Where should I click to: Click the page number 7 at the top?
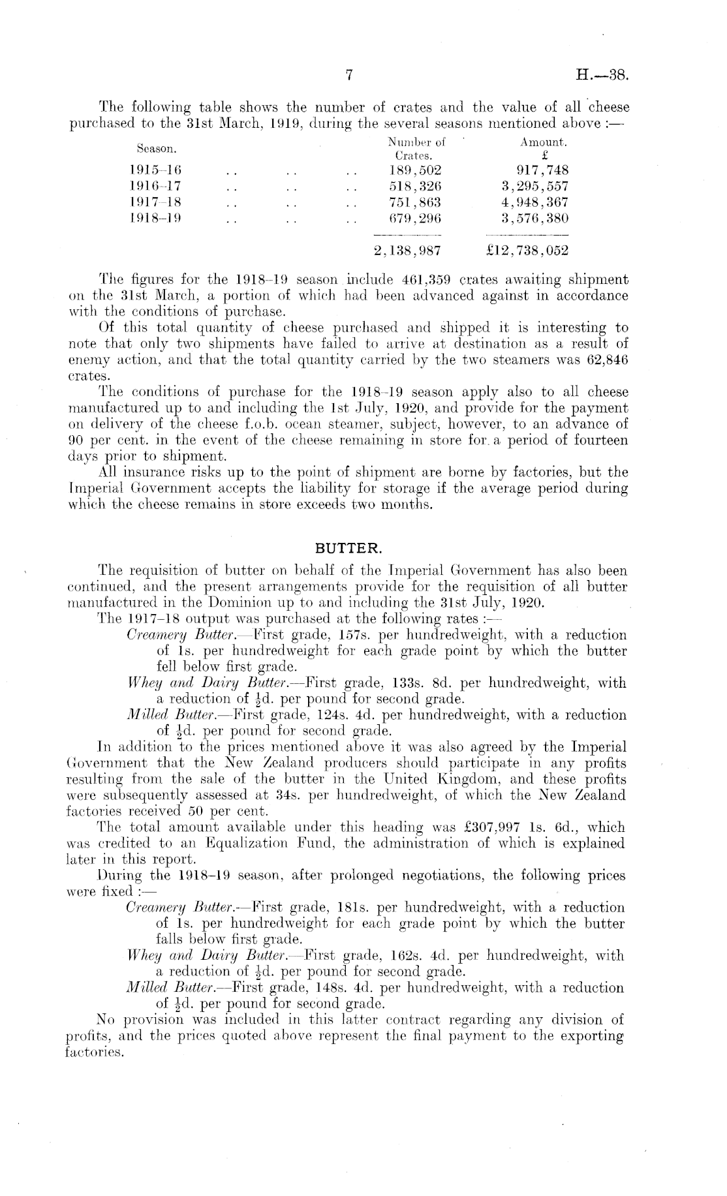pos(349,76)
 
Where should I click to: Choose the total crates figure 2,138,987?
pos(407,251)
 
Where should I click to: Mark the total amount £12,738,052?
pos(529,251)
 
